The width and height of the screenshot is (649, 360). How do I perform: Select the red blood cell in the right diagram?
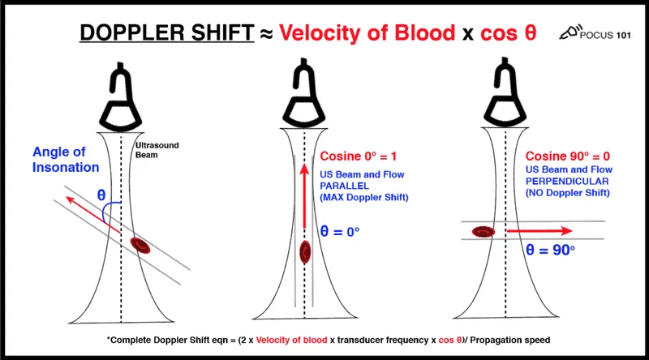[x=485, y=232]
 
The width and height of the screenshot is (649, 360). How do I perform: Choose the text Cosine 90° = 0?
[x=565, y=156]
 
